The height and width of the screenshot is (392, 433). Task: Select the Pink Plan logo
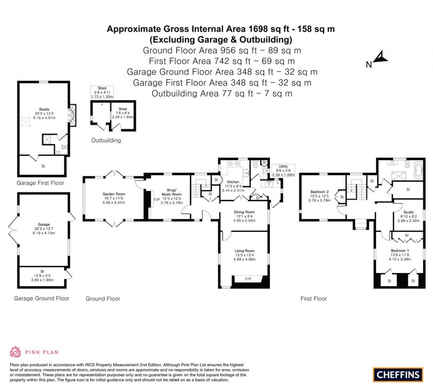(34, 351)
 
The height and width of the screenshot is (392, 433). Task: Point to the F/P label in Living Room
(248, 279)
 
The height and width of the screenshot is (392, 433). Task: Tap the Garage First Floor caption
(40, 183)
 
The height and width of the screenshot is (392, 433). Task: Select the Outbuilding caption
(106, 140)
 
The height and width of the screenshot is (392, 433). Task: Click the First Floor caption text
(314, 299)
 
